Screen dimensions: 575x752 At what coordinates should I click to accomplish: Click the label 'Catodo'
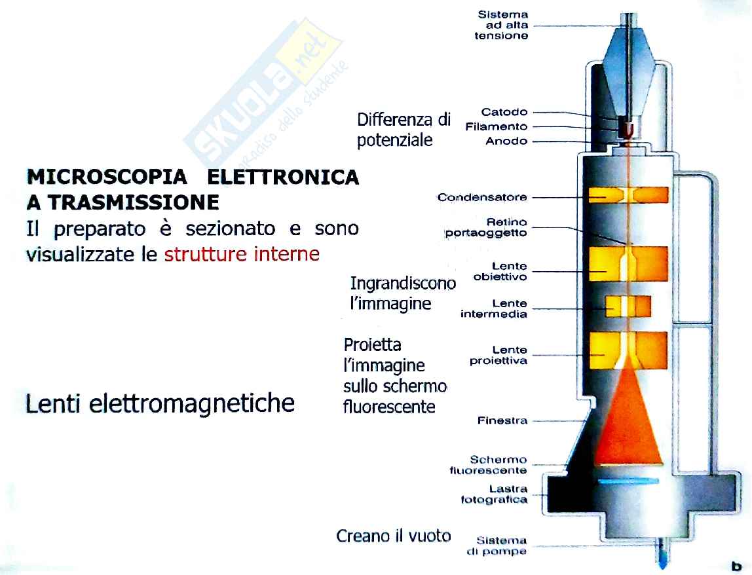(x=504, y=112)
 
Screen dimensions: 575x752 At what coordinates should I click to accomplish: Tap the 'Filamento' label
(x=496, y=126)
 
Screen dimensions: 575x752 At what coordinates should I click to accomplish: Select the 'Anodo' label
(x=506, y=141)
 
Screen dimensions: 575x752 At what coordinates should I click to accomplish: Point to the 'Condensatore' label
(x=482, y=197)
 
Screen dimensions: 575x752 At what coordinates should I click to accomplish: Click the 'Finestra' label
(x=502, y=420)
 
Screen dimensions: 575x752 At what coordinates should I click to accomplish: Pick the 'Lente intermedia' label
(x=494, y=309)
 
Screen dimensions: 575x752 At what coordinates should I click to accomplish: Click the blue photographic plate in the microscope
(x=627, y=481)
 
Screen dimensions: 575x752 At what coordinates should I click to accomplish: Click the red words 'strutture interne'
(x=242, y=253)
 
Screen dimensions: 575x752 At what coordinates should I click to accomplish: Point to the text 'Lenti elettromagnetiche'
(x=160, y=403)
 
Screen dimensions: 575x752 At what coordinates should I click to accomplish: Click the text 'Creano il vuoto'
(x=394, y=536)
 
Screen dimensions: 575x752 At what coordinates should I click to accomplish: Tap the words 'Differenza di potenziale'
(x=404, y=130)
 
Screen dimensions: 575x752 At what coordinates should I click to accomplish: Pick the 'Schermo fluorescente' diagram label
(x=488, y=465)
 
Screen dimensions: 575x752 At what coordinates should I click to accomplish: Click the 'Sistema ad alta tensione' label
(x=502, y=25)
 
